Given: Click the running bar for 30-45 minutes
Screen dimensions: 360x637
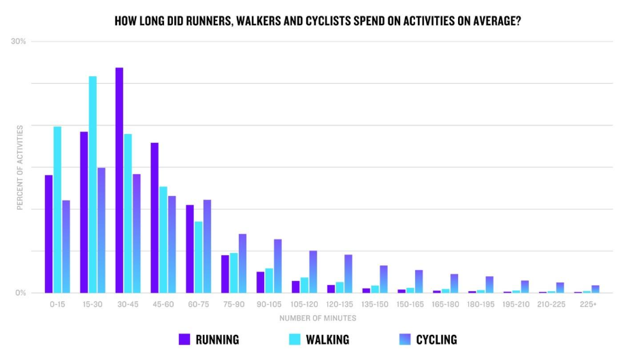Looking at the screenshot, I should (119, 180).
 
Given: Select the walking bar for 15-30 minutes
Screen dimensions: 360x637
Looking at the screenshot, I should (93, 184).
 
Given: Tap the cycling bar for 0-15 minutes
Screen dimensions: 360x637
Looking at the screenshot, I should (66, 246).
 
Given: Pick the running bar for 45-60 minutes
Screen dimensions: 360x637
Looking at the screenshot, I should (154, 218).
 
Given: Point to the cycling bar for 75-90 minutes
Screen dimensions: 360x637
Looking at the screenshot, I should (242, 263).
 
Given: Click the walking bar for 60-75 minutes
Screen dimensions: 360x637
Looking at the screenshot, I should (198, 257).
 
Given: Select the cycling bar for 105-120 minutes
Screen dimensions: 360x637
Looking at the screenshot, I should (313, 272).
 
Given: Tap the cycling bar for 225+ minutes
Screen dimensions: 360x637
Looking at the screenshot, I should (595, 289).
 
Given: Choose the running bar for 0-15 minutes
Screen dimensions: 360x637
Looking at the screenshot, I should (48, 234).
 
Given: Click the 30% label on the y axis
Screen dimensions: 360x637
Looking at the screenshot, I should (18, 42).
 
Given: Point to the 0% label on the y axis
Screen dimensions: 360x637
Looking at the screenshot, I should (20, 293).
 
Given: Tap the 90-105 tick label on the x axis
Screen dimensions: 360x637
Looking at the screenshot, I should (268, 304).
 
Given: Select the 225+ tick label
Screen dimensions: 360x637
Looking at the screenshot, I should (588, 304).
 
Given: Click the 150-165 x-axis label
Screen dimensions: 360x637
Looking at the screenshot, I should (410, 304).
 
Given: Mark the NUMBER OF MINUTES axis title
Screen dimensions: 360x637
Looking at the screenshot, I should (318, 318).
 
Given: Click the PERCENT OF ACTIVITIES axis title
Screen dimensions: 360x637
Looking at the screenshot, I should (20, 167).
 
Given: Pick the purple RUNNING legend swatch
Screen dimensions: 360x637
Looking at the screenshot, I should (184, 339).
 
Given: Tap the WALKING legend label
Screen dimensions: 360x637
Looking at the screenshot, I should (327, 339).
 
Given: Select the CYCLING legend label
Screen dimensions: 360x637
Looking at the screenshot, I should (436, 339).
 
